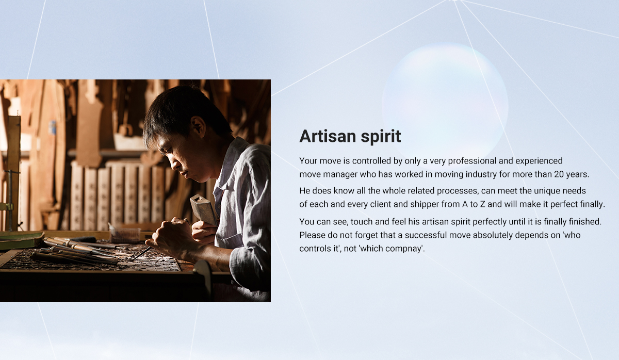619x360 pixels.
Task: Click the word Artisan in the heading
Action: pos(328,136)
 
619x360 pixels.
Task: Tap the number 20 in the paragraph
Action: pos(559,174)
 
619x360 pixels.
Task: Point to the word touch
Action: pos(362,222)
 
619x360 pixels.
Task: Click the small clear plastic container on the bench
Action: pos(125,235)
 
